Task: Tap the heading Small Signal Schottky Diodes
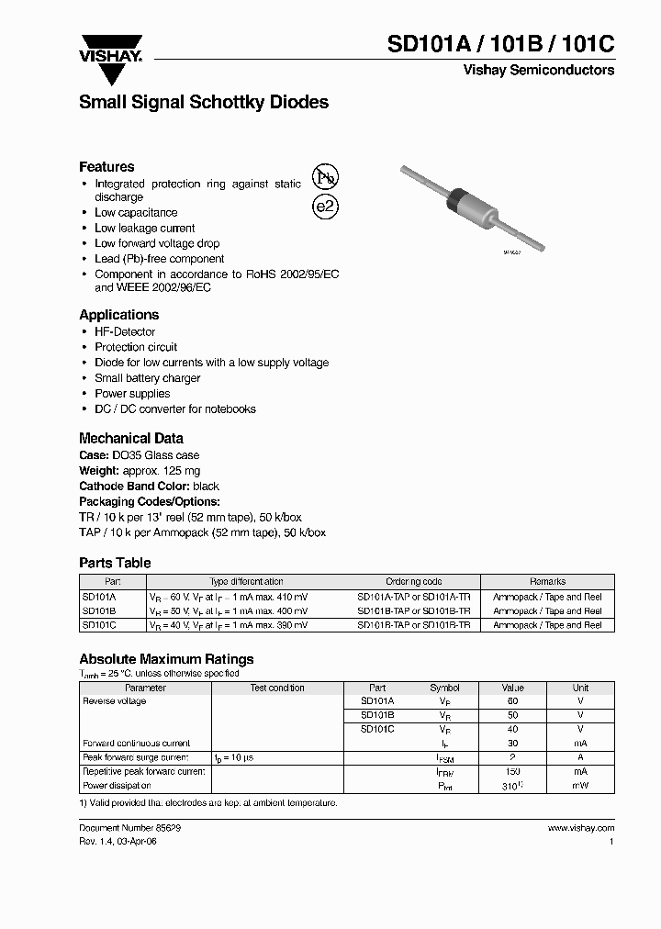click(x=204, y=103)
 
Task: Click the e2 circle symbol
click(x=326, y=207)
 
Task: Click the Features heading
click(x=106, y=167)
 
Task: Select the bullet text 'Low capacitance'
click(x=136, y=213)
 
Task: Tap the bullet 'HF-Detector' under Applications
click(x=125, y=332)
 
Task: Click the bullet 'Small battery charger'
click(x=147, y=378)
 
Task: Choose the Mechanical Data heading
click(x=131, y=439)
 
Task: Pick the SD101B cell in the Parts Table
click(x=98, y=610)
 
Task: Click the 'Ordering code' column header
click(x=413, y=582)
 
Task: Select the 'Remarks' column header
click(x=547, y=582)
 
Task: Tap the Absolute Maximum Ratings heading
click(x=166, y=659)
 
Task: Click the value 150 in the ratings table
click(x=512, y=772)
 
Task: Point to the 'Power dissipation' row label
click(x=117, y=786)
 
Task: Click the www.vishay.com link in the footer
click(x=580, y=828)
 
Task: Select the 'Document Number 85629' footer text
click(x=136, y=828)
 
